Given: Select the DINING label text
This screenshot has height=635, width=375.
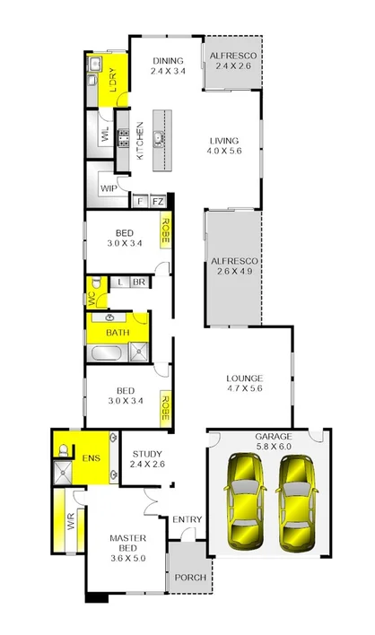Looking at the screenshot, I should (x=167, y=60).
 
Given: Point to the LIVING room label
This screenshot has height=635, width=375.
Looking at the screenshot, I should (x=224, y=141).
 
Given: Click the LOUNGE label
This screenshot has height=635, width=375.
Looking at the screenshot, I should (x=243, y=378).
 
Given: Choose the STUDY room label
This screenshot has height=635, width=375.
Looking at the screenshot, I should (x=146, y=454).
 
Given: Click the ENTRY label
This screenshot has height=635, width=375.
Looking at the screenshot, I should (x=187, y=520).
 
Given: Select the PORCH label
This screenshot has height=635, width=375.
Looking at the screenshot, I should (x=189, y=577).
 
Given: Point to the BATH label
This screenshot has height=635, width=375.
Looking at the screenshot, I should (x=118, y=333).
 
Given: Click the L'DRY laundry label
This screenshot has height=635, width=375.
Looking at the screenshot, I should (x=113, y=83).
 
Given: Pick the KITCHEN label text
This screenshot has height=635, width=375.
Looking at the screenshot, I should (x=139, y=141).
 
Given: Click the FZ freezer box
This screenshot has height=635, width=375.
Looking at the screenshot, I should (x=157, y=203).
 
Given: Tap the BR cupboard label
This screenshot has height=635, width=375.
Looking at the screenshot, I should (x=139, y=282).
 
